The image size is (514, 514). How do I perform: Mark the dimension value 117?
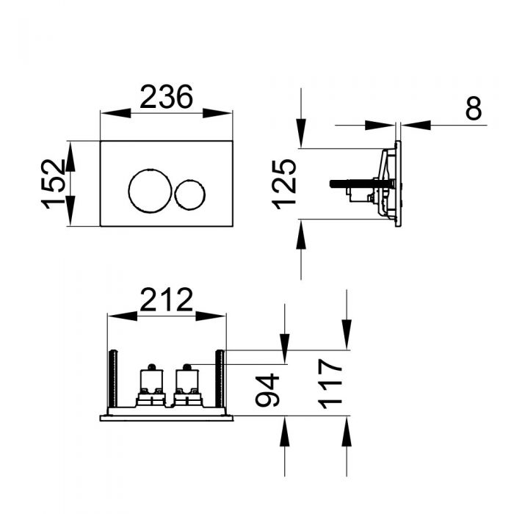[331, 382]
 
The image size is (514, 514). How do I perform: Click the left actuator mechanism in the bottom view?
[151, 385]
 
